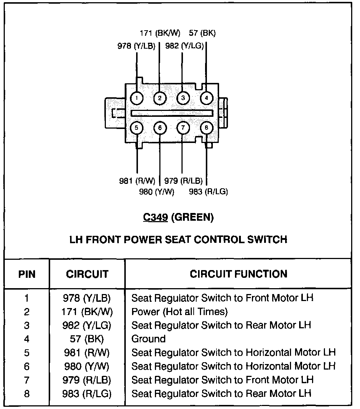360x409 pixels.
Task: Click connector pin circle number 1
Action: click(137, 98)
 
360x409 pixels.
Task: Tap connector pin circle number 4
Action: click(206, 98)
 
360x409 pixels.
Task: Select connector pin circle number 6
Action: click(160, 128)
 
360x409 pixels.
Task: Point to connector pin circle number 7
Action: click(183, 128)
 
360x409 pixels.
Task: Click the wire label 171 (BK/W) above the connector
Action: click(160, 33)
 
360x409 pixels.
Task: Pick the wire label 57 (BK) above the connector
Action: click(202, 33)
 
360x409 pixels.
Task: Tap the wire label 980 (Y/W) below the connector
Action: click(156, 192)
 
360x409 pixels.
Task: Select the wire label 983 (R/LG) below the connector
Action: click(208, 192)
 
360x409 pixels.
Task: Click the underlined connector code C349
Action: click(156, 217)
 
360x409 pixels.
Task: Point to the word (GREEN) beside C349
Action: click(193, 217)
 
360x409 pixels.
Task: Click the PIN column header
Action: click(27, 274)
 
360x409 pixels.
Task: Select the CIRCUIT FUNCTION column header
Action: click(238, 274)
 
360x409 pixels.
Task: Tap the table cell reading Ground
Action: click(148, 339)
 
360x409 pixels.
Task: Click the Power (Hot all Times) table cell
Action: click(180, 312)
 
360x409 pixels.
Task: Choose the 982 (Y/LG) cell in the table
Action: click(87, 325)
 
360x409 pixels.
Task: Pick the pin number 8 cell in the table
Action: click(27, 394)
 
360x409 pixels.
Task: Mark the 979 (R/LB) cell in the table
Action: click(87, 380)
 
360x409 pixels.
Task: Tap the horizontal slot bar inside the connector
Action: click(172, 113)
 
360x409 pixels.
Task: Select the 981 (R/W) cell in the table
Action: click(87, 353)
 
